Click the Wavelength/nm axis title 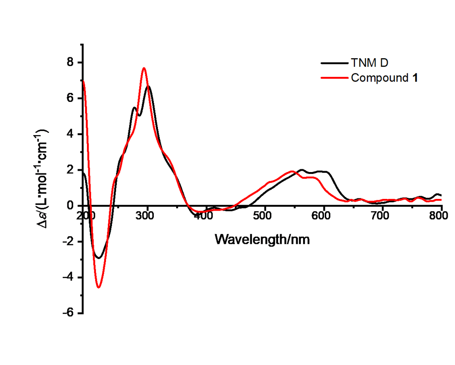[263, 238]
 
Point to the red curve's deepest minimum [99, 287]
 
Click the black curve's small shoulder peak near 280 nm [134, 108]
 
